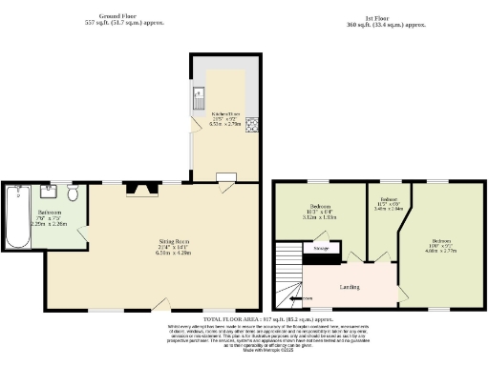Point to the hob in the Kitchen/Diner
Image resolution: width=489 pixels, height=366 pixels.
point(251,124)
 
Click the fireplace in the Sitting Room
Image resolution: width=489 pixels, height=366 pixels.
point(145,192)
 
